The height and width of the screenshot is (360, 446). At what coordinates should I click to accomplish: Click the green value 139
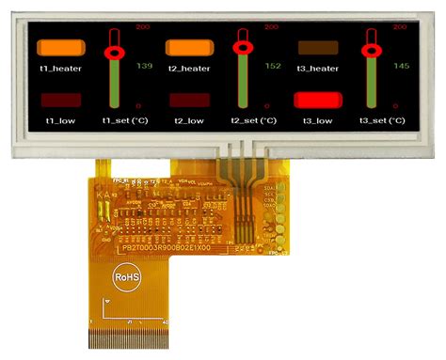click(144, 66)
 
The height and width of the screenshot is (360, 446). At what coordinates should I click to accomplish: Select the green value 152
click(272, 66)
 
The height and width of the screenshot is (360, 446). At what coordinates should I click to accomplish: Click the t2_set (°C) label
click(252, 120)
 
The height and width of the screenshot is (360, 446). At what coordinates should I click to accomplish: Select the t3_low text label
click(318, 120)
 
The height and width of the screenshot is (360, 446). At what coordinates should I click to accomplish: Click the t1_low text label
click(58, 120)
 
